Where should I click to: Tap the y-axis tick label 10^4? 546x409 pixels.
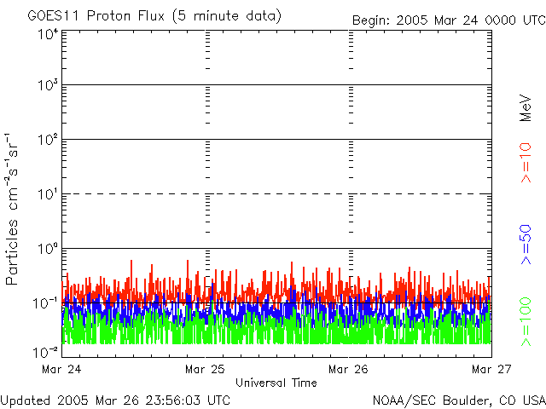pos(47,35)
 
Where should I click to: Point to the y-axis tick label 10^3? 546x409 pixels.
pos(47,86)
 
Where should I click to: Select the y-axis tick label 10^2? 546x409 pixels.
pos(47,140)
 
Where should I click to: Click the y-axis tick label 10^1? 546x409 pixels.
pos(47,194)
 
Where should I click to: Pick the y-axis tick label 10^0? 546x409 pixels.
pos(47,249)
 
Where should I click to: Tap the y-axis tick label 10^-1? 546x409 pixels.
pos(45,302)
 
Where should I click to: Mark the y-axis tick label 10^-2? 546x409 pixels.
pos(45,352)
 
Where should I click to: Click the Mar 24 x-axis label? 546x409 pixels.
pos(61,370)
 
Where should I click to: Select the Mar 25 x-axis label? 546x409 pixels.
pos(205,370)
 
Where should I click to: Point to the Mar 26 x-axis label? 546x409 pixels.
pos(348,370)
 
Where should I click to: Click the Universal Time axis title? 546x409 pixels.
pos(276,383)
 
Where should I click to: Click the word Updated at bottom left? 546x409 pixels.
pos(25,400)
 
